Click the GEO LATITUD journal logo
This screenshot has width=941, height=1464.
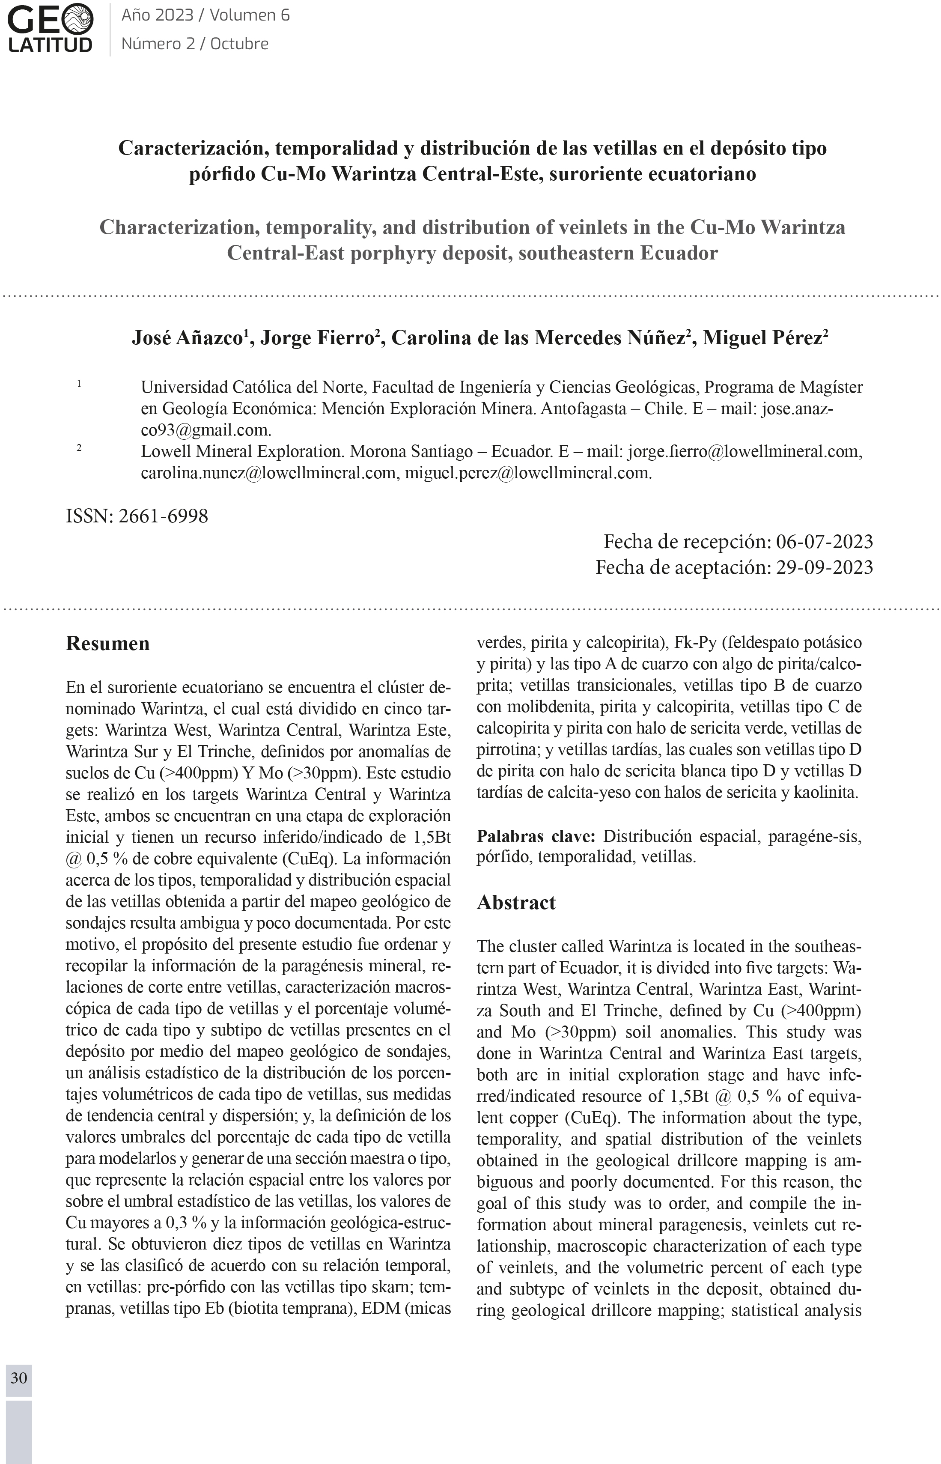click(51, 28)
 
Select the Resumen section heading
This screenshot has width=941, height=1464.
click(107, 644)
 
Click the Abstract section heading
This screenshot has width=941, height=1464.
click(516, 903)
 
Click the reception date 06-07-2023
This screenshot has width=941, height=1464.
click(824, 541)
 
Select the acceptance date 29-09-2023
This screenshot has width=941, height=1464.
click(824, 568)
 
